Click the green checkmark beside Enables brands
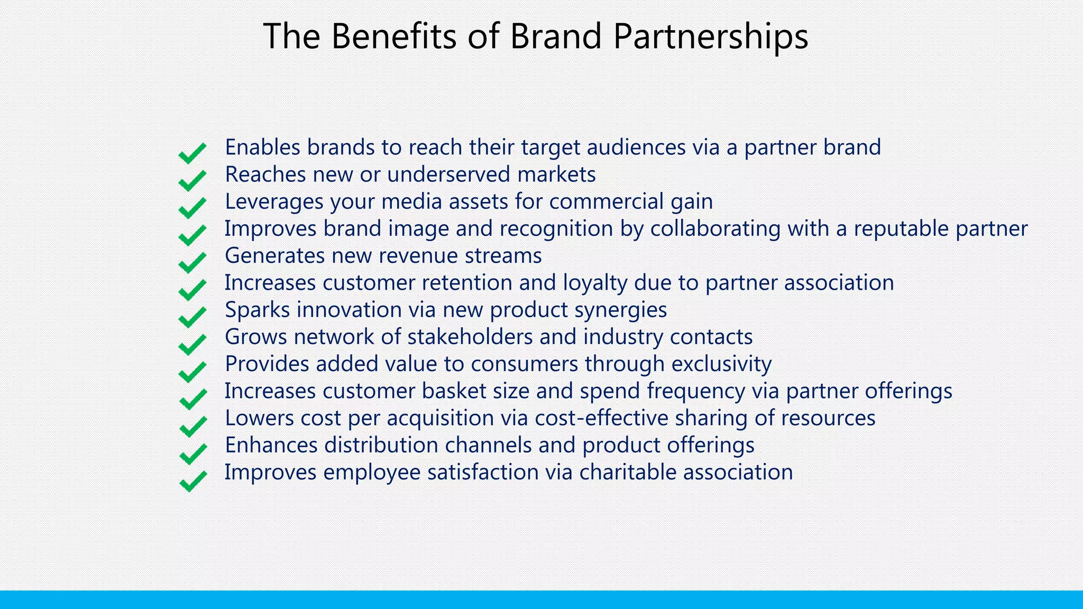point(192,153)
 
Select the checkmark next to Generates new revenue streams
point(192,262)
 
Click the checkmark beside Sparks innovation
point(192,317)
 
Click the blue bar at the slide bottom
point(541,599)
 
